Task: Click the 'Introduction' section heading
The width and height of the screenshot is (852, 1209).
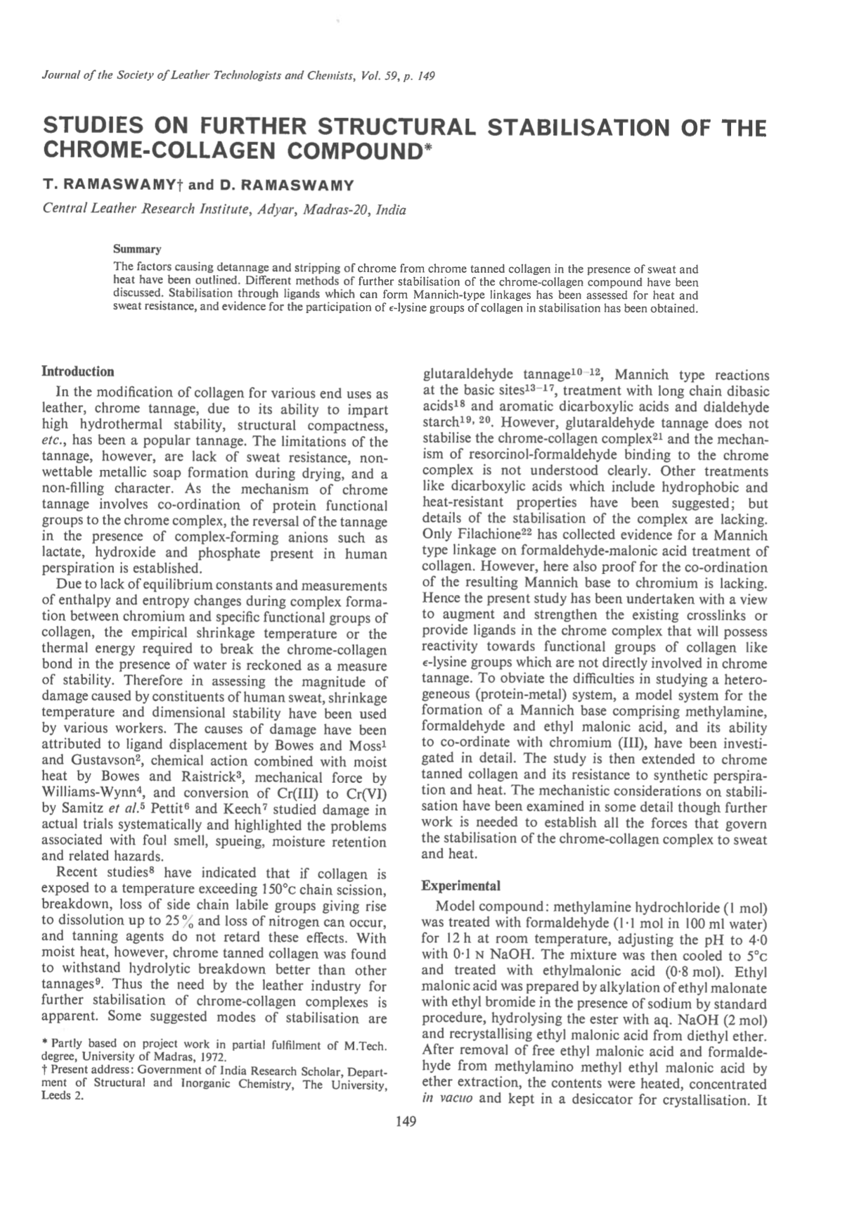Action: point(78,371)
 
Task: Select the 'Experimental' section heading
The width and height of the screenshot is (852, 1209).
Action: point(461,885)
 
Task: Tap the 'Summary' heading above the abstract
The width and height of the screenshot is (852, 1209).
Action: point(137,249)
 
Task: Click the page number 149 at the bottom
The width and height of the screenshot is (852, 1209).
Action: point(406,1121)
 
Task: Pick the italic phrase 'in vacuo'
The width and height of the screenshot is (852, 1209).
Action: point(448,1098)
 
